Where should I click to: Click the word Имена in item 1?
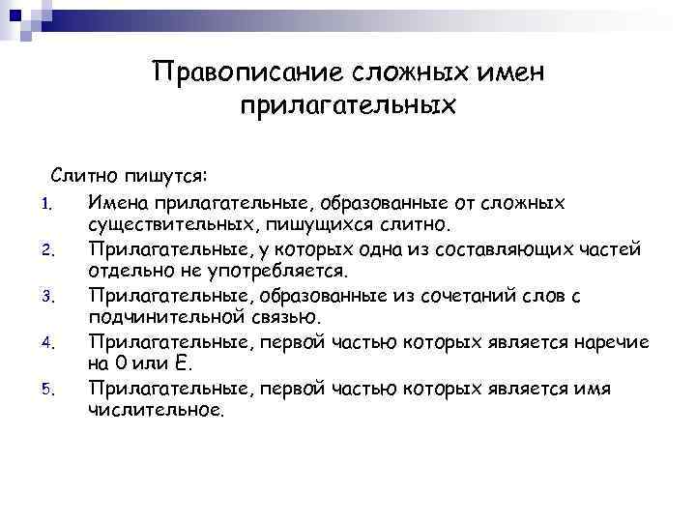[117, 203]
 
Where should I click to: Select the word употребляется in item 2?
[279, 273]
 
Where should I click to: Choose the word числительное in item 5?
[155, 412]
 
